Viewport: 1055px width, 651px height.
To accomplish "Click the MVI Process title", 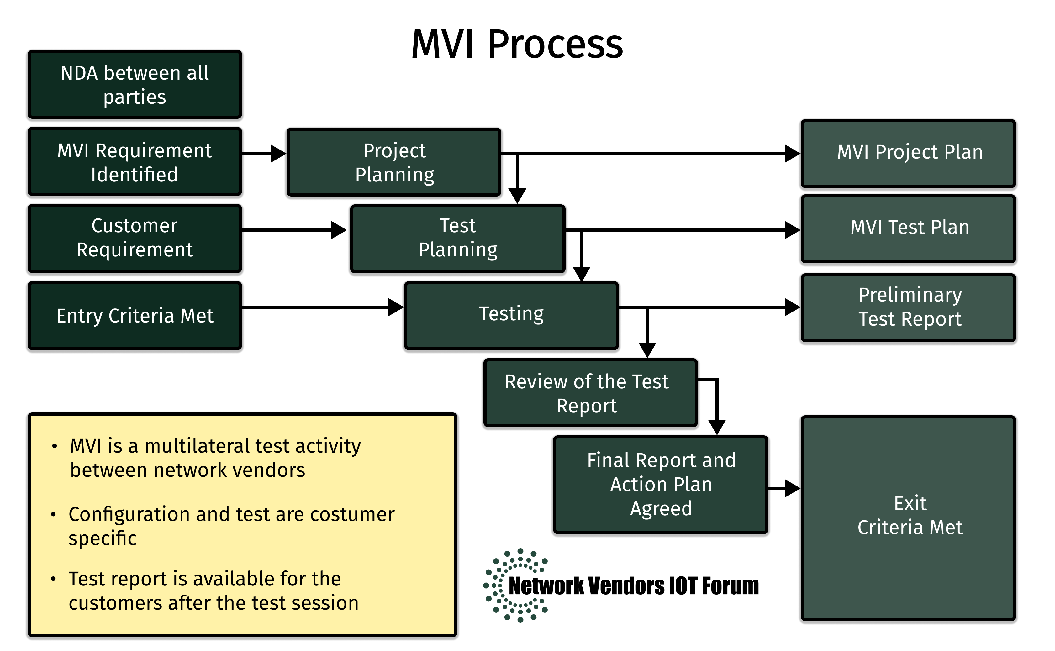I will pyautogui.click(x=517, y=44).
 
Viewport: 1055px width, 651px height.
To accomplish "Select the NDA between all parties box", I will pyautogui.click(x=135, y=84).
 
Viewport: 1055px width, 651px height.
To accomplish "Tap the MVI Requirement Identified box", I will pyautogui.click(x=135, y=162).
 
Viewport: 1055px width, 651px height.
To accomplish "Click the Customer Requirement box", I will pyautogui.click(x=135, y=238).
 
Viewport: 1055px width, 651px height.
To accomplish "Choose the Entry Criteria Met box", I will pyautogui.click(x=135, y=316).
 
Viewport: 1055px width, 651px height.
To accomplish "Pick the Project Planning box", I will pyautogui.click(x=394, y=162).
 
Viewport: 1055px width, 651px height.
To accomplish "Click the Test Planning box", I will pyautogui.click(x=457, y=238).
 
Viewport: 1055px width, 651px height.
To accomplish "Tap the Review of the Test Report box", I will pyautogui.click(x=590, y=393).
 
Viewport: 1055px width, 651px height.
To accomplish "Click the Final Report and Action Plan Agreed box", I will pyautogui.click(x=661, y=484).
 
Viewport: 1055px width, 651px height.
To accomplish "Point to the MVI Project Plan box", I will pyautogui.click(x=909, y=153).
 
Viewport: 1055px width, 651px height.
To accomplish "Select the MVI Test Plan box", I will pyautogui.click(x=909, y=228).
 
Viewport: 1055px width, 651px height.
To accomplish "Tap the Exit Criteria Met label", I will pyautogui.click(x=910, y=515).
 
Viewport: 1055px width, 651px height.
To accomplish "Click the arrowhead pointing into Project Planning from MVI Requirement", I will pyautogui.click(x=278, y=153).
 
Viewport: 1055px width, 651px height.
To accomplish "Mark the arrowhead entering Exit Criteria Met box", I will pyautogui.click(x=792, y=488).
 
